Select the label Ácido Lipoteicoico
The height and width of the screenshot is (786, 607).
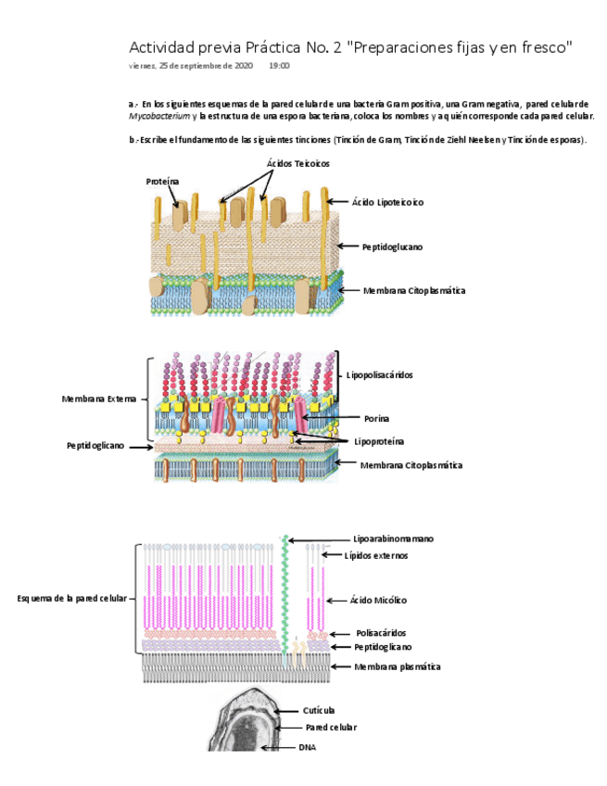point(388,201)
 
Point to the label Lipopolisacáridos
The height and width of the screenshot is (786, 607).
point(380,374)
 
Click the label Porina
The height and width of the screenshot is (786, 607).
point(376,418)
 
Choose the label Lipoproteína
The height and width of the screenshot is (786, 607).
point(378,441)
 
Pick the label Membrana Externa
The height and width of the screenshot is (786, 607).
point(99,399)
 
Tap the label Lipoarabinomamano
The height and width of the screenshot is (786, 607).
point(394,539)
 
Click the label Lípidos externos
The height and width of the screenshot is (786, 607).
point(376,555)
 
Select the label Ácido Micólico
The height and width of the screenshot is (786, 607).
point(378,600)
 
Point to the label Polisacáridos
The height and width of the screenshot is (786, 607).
point(381,633)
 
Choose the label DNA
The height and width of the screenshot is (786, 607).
point(308,746)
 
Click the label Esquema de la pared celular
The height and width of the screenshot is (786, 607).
point(72,598)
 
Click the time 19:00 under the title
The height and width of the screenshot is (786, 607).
point(279,66)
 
